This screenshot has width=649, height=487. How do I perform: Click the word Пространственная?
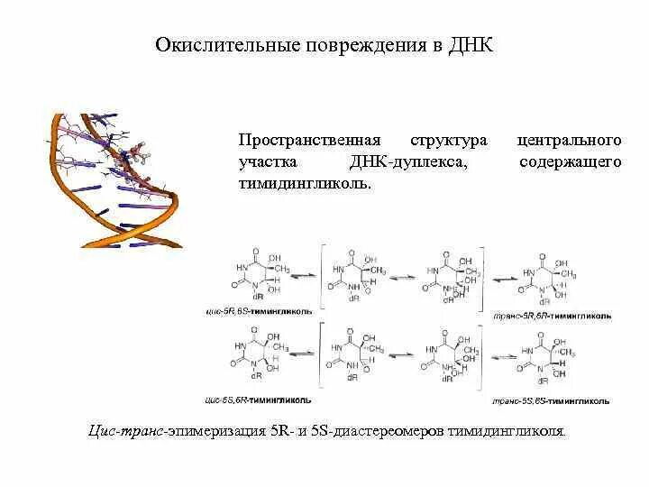(304, 142)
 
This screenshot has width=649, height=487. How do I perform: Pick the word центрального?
(569, 142)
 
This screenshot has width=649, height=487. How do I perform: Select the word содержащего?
(571, 162)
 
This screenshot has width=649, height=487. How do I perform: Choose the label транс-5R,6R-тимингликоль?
(553, 317)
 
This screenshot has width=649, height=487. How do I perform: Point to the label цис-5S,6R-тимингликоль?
(259, 398)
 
